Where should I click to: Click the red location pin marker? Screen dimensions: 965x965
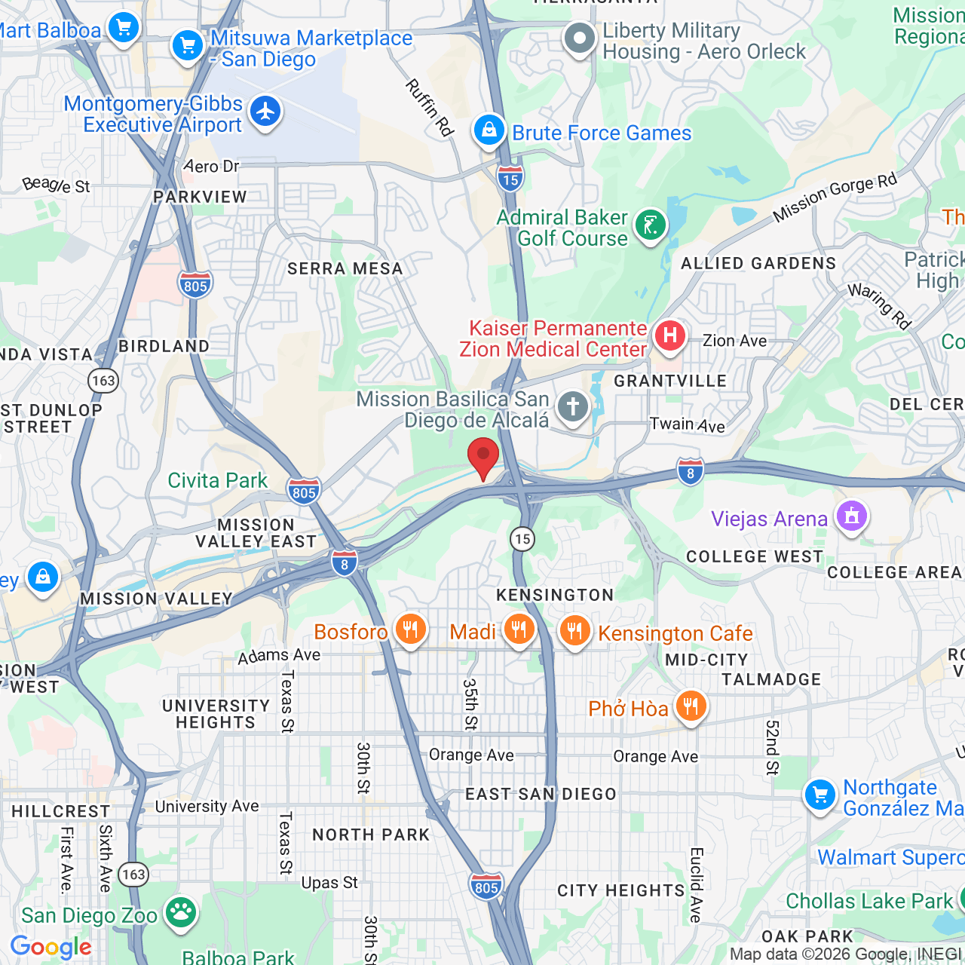(x=483, y=457)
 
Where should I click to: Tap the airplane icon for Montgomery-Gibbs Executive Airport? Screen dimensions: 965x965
(x=265, y=112)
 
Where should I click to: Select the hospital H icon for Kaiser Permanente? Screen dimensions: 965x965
(x=669, y=335)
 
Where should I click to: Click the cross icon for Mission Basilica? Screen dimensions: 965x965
(x=572, y=407)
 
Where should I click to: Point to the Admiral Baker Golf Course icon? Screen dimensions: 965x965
(x=650, y=225)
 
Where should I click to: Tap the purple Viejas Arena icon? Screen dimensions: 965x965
(x=851, y=517)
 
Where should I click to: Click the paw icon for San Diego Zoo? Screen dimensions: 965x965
(x=180, y=912)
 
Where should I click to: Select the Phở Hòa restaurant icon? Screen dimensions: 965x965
(x=691, y=706)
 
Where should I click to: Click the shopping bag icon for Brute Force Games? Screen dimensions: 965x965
(x=489, y=130)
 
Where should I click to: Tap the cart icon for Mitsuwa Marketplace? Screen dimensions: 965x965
(x=187, y=46)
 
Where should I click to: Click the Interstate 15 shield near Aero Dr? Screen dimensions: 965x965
(x=510, y=179)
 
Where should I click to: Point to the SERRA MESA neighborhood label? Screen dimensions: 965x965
(x=345, y=269)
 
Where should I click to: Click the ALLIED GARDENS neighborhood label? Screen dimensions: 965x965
(x=758, y=263)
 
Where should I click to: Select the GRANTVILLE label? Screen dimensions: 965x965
(x=670, y=381)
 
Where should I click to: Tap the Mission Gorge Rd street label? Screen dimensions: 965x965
(x=835, y=198)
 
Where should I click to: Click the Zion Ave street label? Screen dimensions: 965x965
(x=734, y=341)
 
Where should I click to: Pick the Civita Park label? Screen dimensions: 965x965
(x=217, y=481)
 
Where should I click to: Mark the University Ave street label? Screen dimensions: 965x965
(x=207, y=806)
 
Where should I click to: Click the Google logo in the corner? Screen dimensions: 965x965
(x=51, y=947)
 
